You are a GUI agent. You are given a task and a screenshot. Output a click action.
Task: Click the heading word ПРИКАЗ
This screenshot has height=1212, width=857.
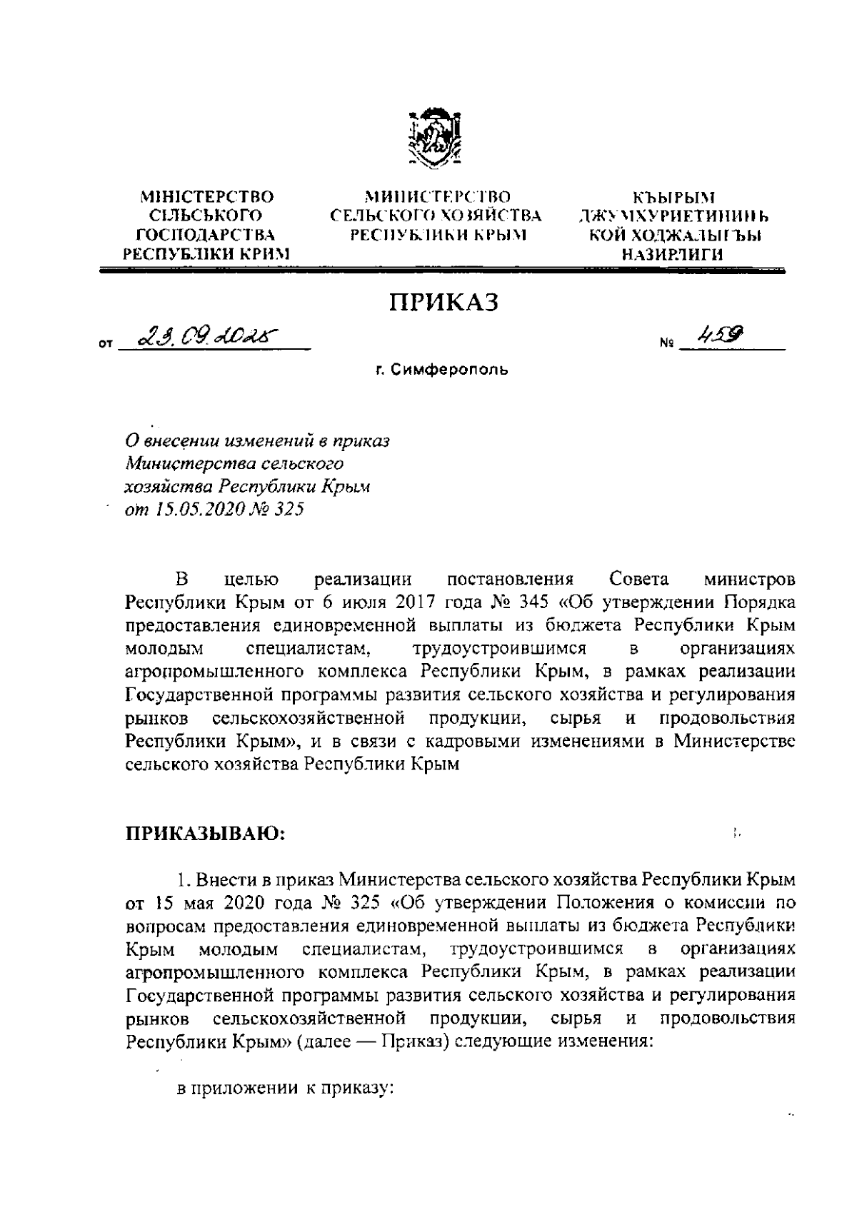(x=443, y=303)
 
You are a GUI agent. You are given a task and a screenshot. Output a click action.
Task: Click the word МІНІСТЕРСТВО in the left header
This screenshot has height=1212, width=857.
(x=207, y=196)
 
